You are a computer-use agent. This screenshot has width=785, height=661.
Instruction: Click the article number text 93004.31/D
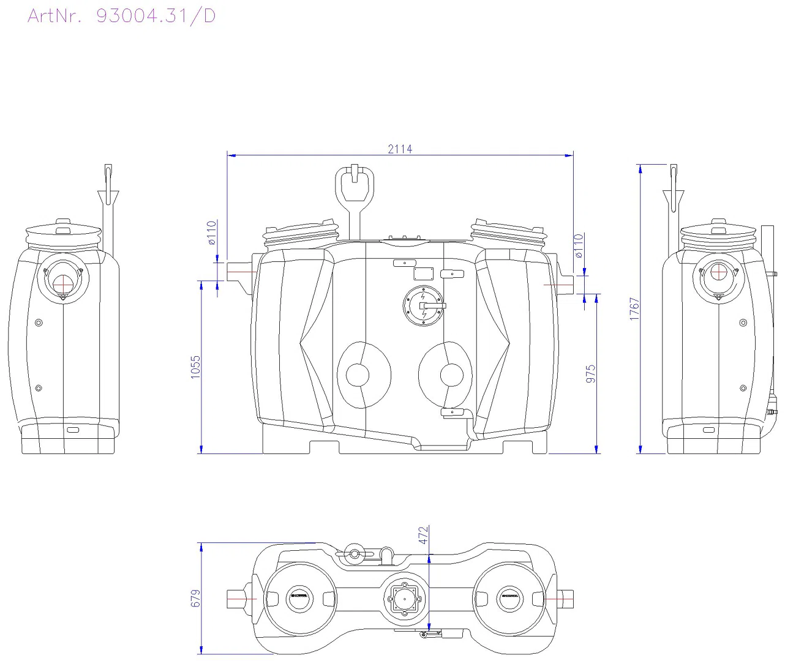(156, 16)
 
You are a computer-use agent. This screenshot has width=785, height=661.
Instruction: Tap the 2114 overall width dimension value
(400, 149)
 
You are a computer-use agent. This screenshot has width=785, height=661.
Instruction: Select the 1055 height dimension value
(195, 367)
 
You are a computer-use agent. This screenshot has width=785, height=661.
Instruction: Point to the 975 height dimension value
(591, 373)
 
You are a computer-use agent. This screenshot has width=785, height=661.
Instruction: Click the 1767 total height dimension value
(634, 309)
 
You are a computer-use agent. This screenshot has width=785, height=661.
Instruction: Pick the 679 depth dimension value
(195, 598)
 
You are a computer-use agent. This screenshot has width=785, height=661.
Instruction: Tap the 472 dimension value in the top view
(423, 535)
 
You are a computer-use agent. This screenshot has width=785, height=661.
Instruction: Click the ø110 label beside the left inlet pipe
(212, 233)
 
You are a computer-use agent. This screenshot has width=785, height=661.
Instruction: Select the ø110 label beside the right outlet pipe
(579, 246)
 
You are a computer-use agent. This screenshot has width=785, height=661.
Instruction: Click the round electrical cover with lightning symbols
(423, 305)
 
